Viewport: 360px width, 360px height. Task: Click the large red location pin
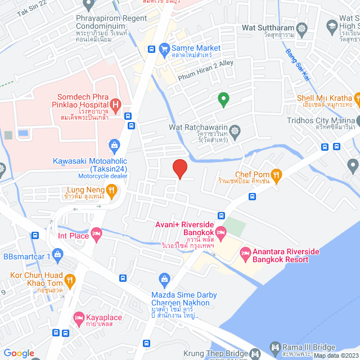coord(179,168)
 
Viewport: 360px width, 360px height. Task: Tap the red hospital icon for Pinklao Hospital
coord(116,104)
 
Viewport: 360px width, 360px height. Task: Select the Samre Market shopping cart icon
coord(164,48)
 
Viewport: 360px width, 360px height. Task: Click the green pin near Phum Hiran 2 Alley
coord(223,100)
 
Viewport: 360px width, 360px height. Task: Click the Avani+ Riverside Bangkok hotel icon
coord(220,232)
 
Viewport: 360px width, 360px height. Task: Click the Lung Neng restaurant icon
coord(112,192)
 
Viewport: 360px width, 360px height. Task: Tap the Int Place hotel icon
coord(96,232)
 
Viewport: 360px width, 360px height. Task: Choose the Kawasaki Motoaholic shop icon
coord(114,146)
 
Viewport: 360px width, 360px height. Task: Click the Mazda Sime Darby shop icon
coord(164,278)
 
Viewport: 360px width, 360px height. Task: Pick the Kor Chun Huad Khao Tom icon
coord(70,279)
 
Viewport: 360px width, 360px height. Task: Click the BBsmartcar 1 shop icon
coord(58,254)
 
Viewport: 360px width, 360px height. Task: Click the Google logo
coord(19,353)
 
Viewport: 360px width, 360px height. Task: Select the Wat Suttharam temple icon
coord(302,28)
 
